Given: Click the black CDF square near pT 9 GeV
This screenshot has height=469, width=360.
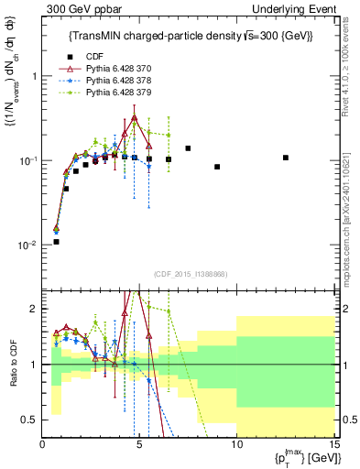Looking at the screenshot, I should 217,167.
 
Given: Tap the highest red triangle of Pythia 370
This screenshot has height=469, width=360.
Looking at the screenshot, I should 135,118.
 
